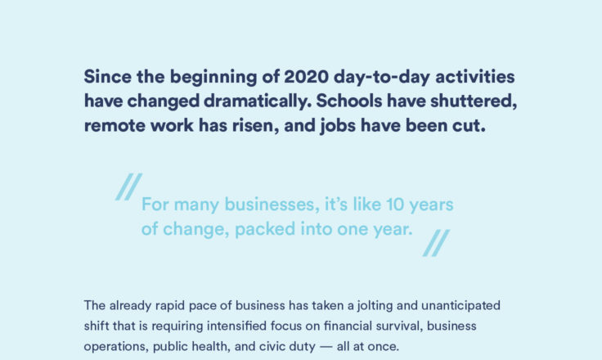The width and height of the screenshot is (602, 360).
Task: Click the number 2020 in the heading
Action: click(x=307, y=76)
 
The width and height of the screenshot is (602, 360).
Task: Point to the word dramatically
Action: click(x=257, y=101)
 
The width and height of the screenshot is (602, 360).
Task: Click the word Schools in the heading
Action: click(x=349, y=101)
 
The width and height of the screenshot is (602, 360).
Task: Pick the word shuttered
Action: click(x=474, y=101)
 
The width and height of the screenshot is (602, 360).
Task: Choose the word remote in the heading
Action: click(x=115, y=126)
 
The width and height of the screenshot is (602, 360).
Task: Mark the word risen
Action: click(x=255, y=126)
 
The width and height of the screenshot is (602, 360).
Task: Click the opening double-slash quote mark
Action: click(x=129, y=187)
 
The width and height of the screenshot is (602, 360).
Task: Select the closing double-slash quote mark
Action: click(x=436, y=243)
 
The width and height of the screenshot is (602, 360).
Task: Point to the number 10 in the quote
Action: click(x=395, y=205)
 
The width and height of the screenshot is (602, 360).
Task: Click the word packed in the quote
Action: click(x=265, y=230)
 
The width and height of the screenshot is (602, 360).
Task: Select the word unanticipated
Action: click(x=460, y=306)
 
